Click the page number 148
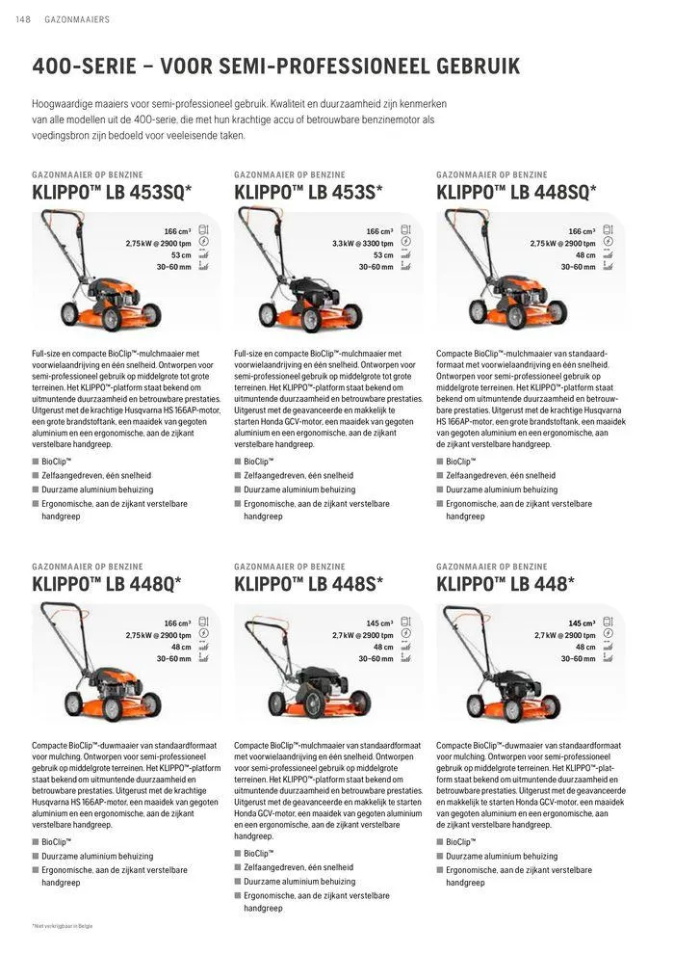point(22,19)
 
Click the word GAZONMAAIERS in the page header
point(77,19)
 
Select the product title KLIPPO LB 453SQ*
point(112,192)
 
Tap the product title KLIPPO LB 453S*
point(308,192)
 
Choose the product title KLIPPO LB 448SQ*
point(515,192)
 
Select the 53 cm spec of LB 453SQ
point(181,255)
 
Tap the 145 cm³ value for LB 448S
point(379,623)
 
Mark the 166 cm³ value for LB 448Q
point(177,623)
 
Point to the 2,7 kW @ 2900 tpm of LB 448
point(564,635)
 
